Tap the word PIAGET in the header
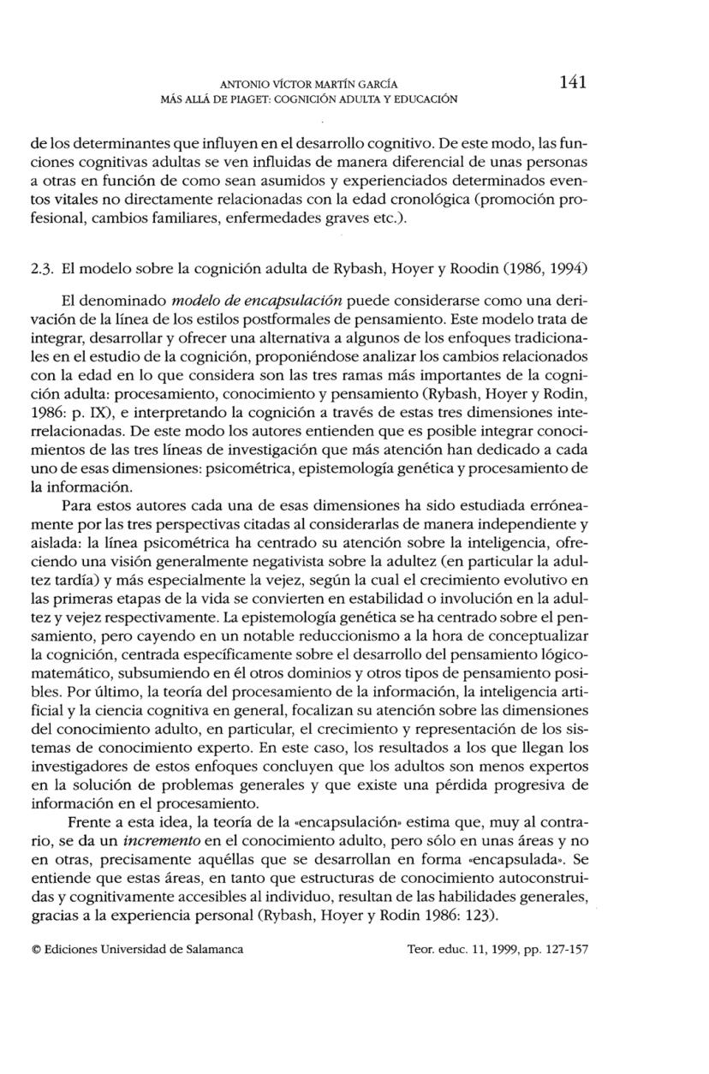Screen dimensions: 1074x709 225,98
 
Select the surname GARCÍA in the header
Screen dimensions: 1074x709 374,84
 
